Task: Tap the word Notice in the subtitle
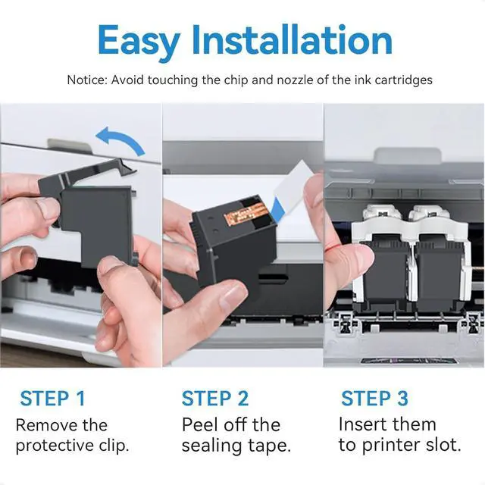[87, 80]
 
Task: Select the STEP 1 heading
[52, 398]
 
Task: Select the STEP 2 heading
[215, 398]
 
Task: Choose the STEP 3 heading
[374, 398]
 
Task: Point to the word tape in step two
[270, 446]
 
